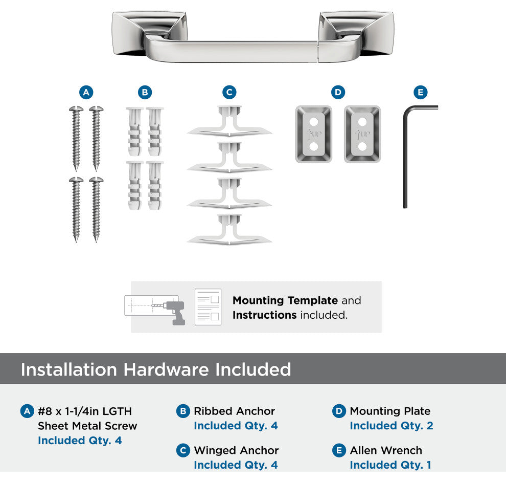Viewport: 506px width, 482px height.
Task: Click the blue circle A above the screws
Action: (x=86, y=93)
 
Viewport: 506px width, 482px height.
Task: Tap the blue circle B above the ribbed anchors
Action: (x=145, y=93)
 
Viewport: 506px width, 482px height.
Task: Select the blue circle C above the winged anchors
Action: (x=229, y=93)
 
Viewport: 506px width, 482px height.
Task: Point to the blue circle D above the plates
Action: (x=338, y=93)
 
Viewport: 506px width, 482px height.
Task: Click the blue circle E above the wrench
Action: (x=421, y=93)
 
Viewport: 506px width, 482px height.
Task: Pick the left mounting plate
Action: (x=314, y=134)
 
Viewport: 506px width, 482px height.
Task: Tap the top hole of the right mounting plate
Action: (x=362, y=122)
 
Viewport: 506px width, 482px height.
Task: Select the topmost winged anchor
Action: (x=229, y=121)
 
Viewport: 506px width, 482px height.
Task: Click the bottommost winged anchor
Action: (x=229, y=229)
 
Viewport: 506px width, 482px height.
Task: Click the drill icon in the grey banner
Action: (x=174, y=312)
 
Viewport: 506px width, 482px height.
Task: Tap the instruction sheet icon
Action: (x=208, y=307)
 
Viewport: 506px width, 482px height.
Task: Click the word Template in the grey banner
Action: (x=313, y=301)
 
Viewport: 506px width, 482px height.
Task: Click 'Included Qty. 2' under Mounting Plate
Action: (x=392, y=426)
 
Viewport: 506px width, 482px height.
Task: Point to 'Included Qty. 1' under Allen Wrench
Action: (x=390, y=465)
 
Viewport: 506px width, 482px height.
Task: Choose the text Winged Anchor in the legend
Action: (x=236, y=450)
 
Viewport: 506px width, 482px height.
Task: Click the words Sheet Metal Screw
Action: (x=87, y=426)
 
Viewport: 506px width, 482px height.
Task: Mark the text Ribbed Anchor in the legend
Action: (x=234, y=411)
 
